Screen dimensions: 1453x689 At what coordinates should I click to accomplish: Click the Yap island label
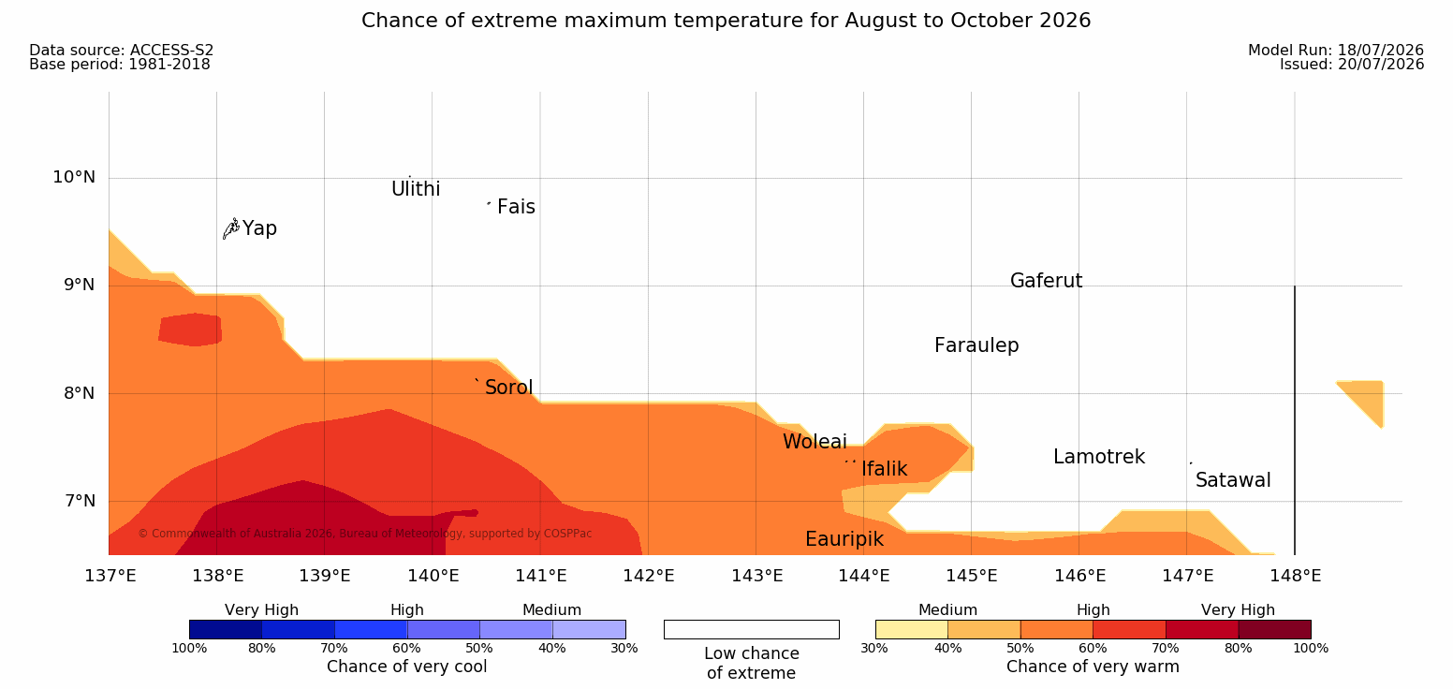tap(259, 228)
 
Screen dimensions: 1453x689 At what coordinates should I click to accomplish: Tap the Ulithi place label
tap(416, 189)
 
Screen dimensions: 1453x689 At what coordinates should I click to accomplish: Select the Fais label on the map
tap(517, 207)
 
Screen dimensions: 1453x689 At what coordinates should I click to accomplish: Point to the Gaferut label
tap(1047, 281)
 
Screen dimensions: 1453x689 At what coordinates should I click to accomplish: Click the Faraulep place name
tap(976, 345)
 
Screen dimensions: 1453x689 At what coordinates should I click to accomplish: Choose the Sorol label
tap(509, 388)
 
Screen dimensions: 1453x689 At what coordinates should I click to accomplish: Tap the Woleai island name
tap(815, 442)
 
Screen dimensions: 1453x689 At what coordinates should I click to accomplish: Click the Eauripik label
tap(844, 539)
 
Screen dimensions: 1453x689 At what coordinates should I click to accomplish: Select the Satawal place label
tap(1233, 480)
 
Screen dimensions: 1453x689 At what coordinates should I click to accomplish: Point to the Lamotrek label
tap(1099, 457)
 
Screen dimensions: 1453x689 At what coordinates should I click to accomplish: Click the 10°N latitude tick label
tap(74, 177)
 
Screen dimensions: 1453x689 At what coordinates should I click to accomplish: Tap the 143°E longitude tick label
tap(757, 576)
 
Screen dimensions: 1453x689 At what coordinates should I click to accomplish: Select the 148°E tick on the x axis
tap(1296, 576)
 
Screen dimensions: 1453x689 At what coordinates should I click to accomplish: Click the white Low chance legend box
tap(751, 629)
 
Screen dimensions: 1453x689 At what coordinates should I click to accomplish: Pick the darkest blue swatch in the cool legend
tap(226, 629)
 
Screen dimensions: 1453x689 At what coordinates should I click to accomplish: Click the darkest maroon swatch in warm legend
tap(1274, 629)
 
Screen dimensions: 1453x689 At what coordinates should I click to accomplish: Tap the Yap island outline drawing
tap(231, 229)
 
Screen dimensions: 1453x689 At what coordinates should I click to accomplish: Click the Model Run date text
tap(1336, 51)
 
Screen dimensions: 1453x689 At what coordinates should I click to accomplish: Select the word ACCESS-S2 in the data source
tap(172, 51)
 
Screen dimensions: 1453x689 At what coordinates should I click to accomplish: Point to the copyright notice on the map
tap(364, 534)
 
